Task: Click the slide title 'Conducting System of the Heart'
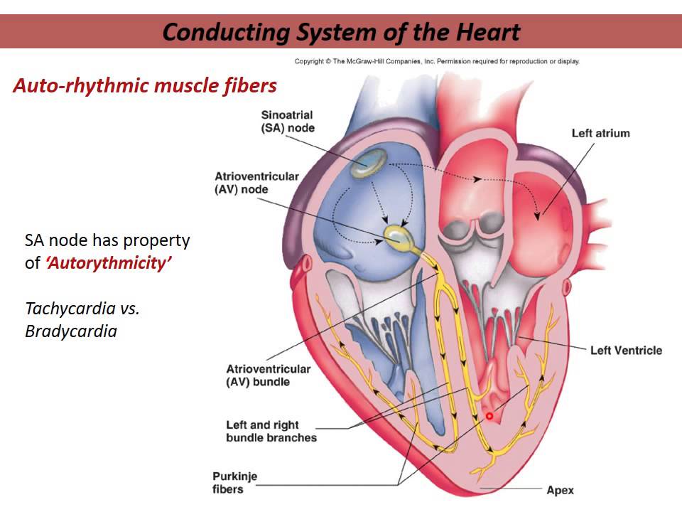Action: pyautogui.click(x=341, y=32)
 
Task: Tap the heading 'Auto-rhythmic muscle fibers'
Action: pyautogui.click(x=144, y=87)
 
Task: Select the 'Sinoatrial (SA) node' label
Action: pyautogui.click(x=287, y=121)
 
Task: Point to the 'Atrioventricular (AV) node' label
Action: pyautogui.click(x=256, y=183)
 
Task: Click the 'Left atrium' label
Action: pyautogui.click(x=600, y=133)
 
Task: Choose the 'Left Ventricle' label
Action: pyautogui.click(x=625, y=350)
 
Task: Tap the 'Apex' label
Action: pyautogui.click(x=560, y=490)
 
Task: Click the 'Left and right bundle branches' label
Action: pyautogui.click(x=271, y=431)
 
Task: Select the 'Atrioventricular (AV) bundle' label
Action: pyautogui.click(x=268, y=375)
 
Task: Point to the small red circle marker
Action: pyautogui.click(x=489, y=415)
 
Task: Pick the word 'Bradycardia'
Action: pyautogui.click(x=70, y=331)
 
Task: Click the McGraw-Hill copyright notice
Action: pyautogui.click(x=437, y=61)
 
